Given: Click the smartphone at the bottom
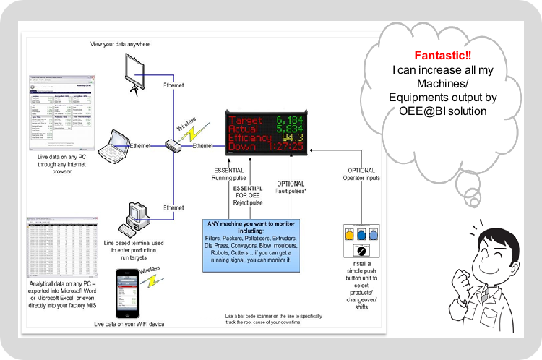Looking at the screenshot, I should tap(127, 291).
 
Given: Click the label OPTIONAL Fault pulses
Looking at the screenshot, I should tap(290, 188).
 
